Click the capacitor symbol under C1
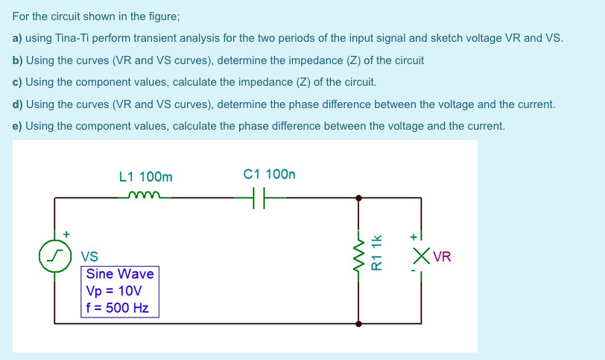coord(255,198)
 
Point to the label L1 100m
coord(145,177)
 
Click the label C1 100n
coord(269,174)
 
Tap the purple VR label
coord(442,258)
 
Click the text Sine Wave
coord(120,274)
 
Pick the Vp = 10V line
coord(114,291)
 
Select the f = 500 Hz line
coord(118,307)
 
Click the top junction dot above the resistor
coord(360,198)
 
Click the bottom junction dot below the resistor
coord(360,324)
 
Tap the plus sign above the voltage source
coord(66,234)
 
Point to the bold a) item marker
coord(18,38)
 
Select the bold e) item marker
coord(18,126)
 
